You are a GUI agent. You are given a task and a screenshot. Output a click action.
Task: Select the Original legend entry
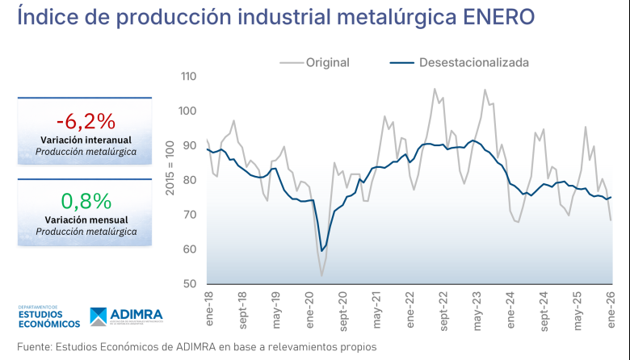pyautogui.click(x=326, y=62)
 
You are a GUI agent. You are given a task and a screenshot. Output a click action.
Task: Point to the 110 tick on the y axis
pyautogui.click(x=188, y=77)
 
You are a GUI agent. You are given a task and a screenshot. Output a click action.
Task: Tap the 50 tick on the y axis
pyautogui.click(x=191, y=284)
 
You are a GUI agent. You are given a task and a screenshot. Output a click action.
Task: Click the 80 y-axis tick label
pyautogui.click(x=191, y=180)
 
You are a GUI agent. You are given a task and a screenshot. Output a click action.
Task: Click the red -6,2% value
pyautogui.click(x=86, y=121)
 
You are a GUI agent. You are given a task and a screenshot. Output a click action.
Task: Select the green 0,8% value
pyautogui.click(x=86, y=201)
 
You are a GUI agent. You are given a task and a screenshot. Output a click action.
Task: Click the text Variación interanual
pyautogui.click(x=86, y=140)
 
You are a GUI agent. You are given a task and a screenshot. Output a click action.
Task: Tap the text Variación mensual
pyautogui.click(x=86, y=220)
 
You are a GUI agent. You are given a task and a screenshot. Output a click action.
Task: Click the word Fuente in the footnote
pyautogui.click(x=32, y=347)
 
